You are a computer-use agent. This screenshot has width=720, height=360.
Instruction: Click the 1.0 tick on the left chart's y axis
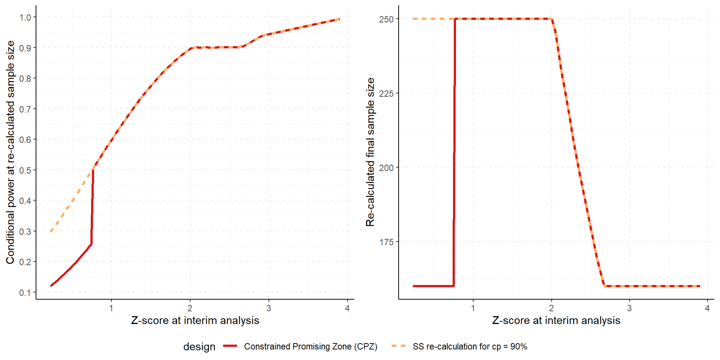(x=25, y=17)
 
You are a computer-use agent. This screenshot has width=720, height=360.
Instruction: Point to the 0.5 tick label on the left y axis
(x=25, y=170)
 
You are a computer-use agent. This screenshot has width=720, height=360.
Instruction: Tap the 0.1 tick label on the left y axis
(x=25, y=292)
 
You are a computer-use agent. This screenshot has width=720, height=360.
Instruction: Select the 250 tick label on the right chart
(x=386, y=19)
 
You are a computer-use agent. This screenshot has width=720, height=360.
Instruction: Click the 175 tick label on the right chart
(x=386, y=242)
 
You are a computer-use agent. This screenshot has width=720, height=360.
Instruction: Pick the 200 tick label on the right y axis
(x=386, y=168)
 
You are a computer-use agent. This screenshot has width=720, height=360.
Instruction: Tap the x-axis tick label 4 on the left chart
(x=347, y=308)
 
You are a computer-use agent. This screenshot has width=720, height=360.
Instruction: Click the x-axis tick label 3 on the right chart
(x=629, y=308)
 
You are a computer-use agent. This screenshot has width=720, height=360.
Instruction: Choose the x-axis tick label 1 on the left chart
(x=111, y=308)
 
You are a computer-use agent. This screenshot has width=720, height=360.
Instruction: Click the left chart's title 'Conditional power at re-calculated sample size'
(x=10, y=152)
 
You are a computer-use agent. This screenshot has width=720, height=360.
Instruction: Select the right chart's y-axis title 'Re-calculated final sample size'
(x=370, y=152)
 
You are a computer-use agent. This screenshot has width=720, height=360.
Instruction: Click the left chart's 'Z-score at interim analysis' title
(x=195, y=321)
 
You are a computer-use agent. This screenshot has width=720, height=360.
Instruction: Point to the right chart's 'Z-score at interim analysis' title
(x=556, y=321)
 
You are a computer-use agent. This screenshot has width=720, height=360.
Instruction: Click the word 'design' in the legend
(x=199, y=347)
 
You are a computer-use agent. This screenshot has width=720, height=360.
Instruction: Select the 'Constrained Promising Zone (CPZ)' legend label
(x=310, y=346)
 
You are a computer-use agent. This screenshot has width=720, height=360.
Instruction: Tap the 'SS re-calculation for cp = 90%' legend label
(x=470, y=346)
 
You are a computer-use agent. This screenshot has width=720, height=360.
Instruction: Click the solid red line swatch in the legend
(x=230, y=346)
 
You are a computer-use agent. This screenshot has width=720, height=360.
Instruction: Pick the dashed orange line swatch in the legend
(x=399, y=346)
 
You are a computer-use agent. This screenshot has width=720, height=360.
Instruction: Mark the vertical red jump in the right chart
(x=454, y=150)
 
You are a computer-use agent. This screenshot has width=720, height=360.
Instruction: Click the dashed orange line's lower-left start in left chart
(x=51, y=231)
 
